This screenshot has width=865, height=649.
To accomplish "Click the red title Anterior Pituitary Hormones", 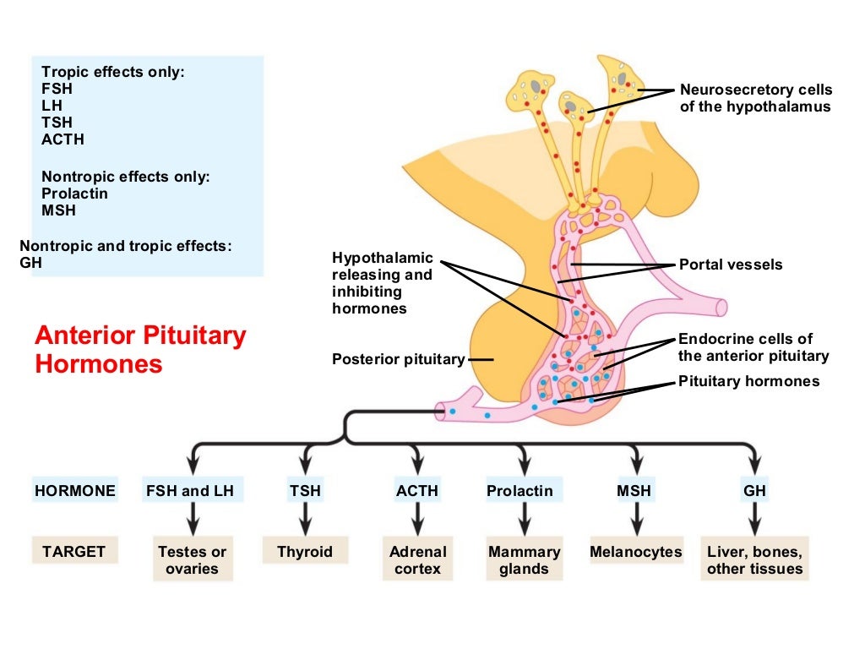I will point(140,350).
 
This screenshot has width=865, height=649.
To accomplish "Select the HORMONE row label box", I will point(74,491).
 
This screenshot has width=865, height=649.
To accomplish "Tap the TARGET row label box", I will point(74,552).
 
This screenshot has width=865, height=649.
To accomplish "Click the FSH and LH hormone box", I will point(194,491).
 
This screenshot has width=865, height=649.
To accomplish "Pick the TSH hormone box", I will point(305,491).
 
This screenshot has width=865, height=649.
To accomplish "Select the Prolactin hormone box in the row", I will point(520,491).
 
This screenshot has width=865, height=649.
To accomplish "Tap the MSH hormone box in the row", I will point(634,491).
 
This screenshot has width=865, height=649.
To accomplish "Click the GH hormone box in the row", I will point(754,491).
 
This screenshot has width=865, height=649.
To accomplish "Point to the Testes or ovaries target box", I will point(193,560).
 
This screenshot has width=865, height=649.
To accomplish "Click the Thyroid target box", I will point(305,553).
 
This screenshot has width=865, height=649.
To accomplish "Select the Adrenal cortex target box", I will point(417,560).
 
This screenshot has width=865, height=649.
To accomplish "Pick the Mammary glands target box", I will point(524,560).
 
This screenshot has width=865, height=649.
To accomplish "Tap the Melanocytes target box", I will point(635,553).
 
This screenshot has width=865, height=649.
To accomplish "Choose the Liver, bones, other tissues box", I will point(754,560).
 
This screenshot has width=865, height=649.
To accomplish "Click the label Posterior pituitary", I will point(398,359).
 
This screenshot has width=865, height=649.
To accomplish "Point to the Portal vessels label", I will point(731,265).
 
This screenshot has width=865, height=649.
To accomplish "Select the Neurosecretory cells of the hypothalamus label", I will point(755,98).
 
